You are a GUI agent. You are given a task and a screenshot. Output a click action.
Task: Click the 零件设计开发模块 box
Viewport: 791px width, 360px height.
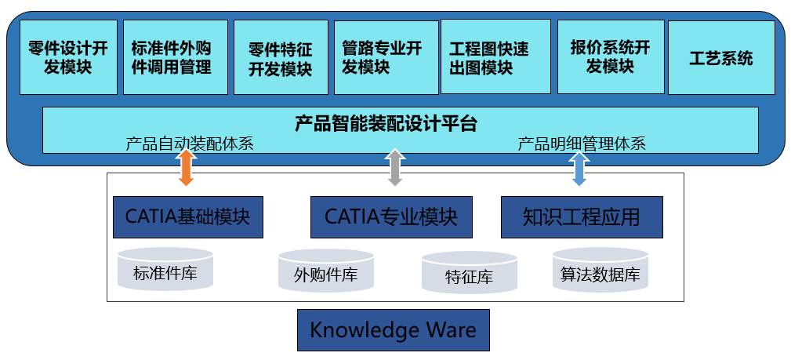click(69, 57)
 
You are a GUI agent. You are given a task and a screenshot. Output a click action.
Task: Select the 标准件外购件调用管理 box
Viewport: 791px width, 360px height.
click(176, 57)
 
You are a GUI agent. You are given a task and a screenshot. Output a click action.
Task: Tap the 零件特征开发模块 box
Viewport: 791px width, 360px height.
click(281, 57)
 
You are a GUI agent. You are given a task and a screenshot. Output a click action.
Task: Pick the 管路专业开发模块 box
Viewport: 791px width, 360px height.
click(386, 57)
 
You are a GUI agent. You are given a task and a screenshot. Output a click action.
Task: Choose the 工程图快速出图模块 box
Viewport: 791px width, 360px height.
click(495, 56)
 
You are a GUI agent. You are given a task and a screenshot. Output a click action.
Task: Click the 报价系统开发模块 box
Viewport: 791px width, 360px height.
click(611, 56)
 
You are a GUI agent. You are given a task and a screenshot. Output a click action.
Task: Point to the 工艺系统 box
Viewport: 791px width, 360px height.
click(721, 57)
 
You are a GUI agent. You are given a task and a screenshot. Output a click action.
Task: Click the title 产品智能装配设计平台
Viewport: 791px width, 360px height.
click(386, 123)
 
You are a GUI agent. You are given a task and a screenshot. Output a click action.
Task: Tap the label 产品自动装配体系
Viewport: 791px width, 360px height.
click(190, 144)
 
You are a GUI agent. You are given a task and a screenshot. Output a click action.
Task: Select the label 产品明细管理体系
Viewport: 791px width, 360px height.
click(582, 144)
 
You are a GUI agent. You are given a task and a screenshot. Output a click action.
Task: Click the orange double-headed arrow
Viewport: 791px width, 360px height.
click(186, 167)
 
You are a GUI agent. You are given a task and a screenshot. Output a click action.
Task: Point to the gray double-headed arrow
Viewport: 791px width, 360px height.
click(395, 167)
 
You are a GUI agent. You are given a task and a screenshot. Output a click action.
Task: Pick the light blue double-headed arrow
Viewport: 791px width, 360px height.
click(579, 167)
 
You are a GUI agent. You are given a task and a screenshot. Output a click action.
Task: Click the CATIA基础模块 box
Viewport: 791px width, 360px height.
click(187, 217)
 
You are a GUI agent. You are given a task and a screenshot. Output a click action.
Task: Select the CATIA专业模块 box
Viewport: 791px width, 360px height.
click(391, 217)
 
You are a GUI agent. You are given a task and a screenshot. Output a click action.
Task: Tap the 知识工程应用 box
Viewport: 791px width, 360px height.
click(582, 217)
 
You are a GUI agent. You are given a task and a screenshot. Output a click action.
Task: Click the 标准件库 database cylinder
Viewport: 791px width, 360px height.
click(165, 269)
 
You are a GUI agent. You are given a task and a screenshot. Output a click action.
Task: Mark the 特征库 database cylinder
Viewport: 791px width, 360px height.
click(469, 273)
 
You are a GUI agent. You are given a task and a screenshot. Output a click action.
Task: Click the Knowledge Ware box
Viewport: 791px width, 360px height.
click(393, 330)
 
